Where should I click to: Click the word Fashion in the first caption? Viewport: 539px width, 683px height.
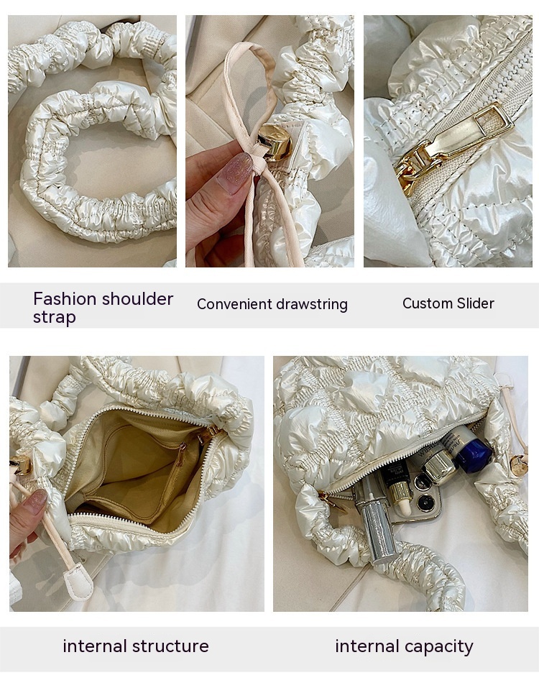point(65,299)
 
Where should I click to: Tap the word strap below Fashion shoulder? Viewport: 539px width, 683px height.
point(55,317)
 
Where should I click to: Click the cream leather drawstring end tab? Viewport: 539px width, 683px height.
point(78,582)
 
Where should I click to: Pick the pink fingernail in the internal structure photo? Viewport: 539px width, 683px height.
point(37,499)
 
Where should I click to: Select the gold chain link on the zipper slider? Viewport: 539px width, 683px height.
point(409,172)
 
